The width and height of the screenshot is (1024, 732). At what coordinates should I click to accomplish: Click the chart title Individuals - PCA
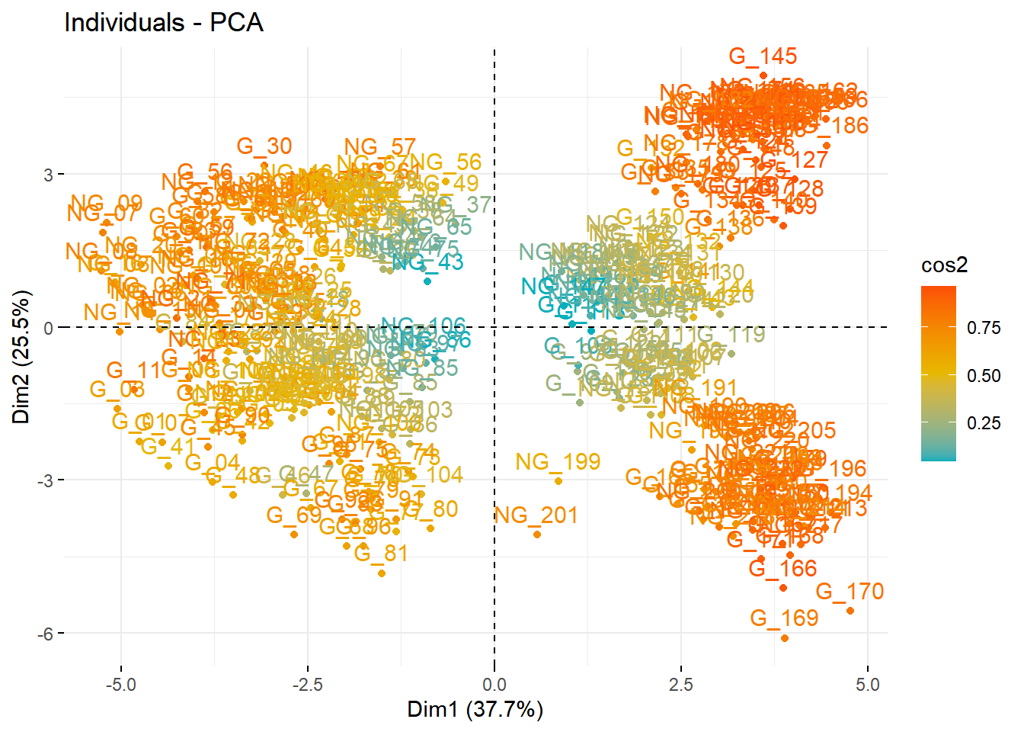pos(164,23)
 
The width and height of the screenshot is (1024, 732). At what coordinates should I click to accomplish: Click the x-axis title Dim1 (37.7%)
pos(475,709)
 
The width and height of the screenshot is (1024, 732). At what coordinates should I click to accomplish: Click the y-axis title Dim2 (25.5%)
pos(21,357)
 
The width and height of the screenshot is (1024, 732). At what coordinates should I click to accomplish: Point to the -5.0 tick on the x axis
pos(120,684)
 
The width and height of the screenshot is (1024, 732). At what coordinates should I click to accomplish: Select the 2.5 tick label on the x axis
pos(681,684)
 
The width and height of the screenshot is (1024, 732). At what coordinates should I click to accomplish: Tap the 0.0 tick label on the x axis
pos(494,684)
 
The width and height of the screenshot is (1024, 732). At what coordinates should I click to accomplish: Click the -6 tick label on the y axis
pos(43,634)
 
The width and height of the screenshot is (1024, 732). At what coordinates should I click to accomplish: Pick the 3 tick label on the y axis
pos(48,175)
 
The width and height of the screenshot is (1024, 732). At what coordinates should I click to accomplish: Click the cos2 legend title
pos(944,265)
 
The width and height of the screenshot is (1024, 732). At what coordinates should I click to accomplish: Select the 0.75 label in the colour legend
pos(984,328)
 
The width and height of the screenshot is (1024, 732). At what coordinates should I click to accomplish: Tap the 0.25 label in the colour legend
pos(984,423)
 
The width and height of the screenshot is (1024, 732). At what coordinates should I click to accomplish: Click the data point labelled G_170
pos(850,611)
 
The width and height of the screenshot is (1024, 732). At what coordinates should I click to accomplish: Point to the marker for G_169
pos(785,638)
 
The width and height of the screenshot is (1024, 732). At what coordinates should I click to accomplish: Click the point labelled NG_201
pos(537,535)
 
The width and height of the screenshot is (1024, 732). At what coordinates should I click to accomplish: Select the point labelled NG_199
pos(558,481)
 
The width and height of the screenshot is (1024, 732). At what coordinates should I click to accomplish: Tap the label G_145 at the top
pos(763,56)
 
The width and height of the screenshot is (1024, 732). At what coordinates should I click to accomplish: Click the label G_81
pos(381,553)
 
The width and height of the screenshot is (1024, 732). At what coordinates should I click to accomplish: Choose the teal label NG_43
pos(427,262)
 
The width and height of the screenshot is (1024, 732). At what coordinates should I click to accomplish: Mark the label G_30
pos(264,146)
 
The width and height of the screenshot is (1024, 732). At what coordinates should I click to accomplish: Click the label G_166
pos(782,568)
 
